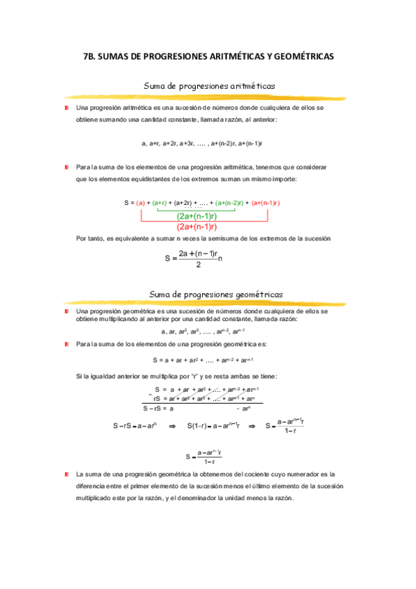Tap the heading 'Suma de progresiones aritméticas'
(209, 86)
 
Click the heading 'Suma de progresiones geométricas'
(209, 294)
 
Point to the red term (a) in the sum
(140, 203)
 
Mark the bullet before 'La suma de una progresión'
(66, 473)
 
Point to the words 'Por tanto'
(90, 239)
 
